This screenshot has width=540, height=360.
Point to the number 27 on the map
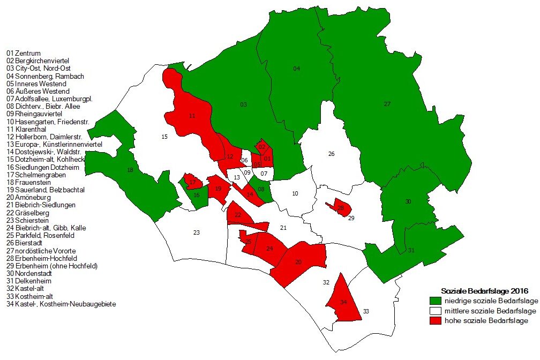[x=387, y=104]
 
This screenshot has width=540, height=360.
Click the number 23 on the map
[x=197, y=232]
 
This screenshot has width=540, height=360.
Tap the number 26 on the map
[x=331, y=154]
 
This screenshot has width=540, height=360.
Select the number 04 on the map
[x=296, y=69]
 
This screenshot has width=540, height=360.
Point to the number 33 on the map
[x=366, y=311]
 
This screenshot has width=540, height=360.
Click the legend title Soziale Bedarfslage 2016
[x=484, y=291]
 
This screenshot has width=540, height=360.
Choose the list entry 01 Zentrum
[x=24, y=54]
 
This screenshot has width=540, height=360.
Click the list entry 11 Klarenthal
[x=27, y=129]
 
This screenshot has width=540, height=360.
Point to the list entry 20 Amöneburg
[x=29, y=197]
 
